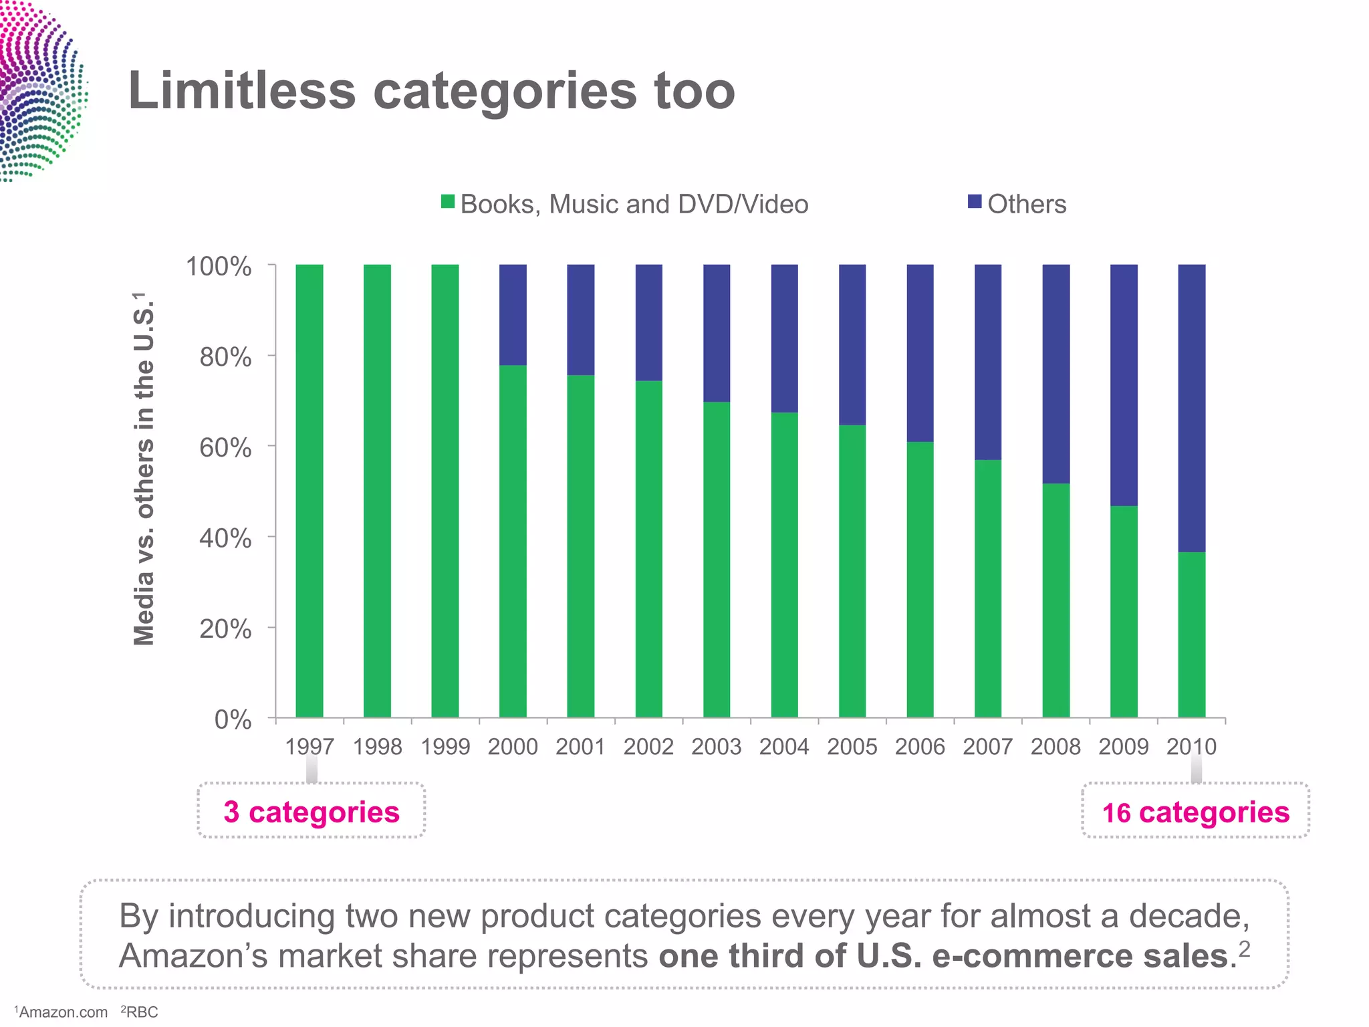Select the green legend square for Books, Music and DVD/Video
[x=448, y=202]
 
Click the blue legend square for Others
[x=975, y=202]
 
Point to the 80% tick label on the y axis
[x=225, y=358]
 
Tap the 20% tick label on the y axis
[x=225, y=629]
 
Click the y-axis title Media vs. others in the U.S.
[x=144, y=468]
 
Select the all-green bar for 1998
[x=377, y=491]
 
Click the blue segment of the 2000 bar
[x=513, y=314]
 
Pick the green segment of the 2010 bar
[x=1191, y=635]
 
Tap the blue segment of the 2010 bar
[x=1191, y=408]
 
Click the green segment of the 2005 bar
[x=852, y=572]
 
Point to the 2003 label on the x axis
[x=716, y=747]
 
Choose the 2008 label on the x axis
[x=1055, y=747]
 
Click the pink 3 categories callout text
[x=312, y=812]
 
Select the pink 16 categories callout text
[x=1195, y=812]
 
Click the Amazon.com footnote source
[x=63, y=1012]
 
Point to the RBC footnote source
[x=142, y=1012]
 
